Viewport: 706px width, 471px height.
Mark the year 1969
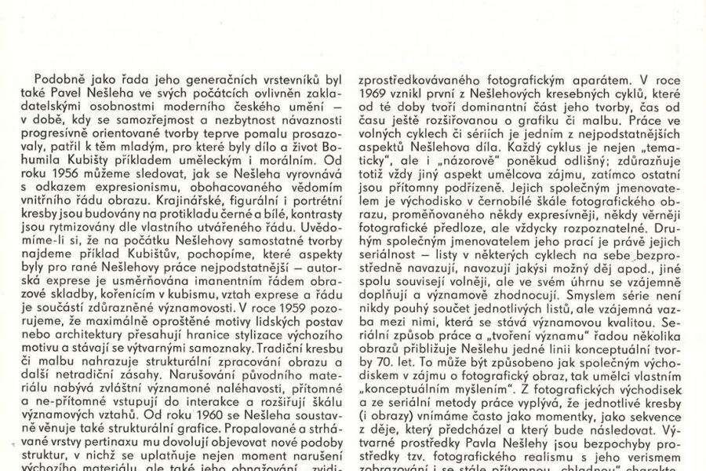(373, 94)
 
